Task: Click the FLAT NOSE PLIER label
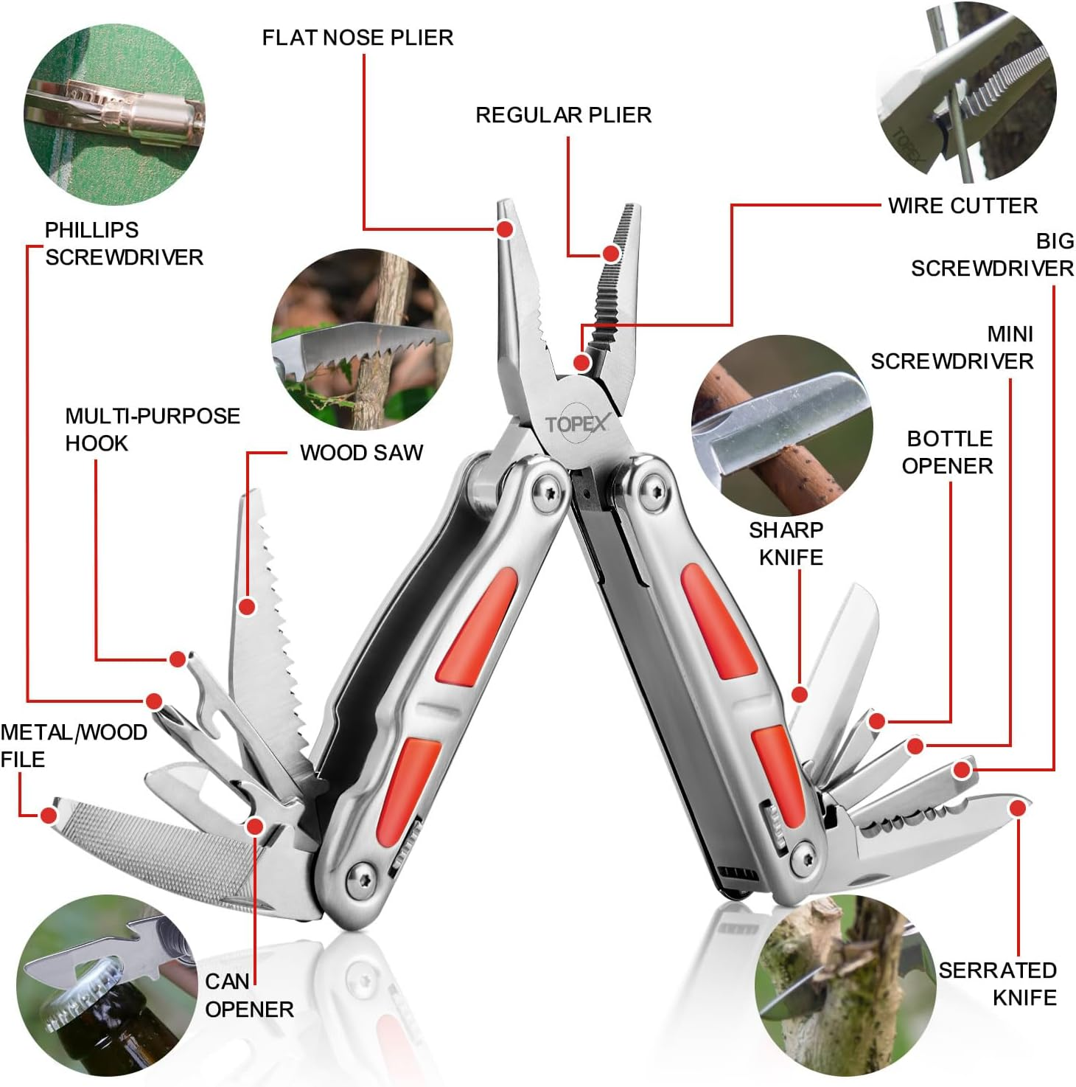point(357,38)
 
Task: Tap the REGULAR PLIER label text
point(563,115)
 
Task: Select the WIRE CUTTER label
point(962,206)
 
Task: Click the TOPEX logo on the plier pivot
point(577,424)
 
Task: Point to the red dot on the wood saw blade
point(248,607)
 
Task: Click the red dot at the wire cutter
point(581,362)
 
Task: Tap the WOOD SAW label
point(361,453)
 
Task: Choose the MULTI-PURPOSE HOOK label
point(152,429)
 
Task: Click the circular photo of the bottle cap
point(107,984)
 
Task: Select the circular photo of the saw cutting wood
point(362,339)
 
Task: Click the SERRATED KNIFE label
point(998,984)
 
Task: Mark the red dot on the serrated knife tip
point(1018,808)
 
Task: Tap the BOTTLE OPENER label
point(948,452)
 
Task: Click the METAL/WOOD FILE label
point(72,746)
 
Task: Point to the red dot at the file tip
point(49,815)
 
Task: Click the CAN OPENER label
point(248,996)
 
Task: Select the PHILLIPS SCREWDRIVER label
point(123,243)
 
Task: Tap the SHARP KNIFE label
point(786,543)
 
